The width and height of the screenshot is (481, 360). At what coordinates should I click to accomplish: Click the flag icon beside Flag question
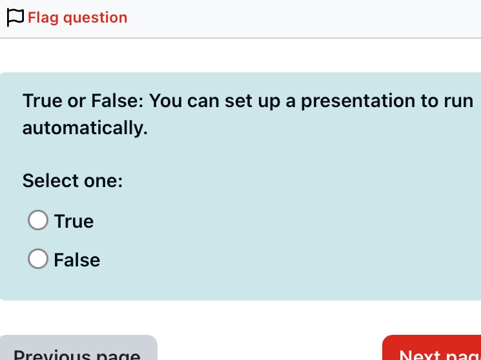[15, 17]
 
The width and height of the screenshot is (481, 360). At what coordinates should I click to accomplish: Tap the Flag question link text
[77, 17]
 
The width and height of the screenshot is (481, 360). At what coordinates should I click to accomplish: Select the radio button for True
[38, 221]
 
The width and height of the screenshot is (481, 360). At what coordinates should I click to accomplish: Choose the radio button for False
[38, 259]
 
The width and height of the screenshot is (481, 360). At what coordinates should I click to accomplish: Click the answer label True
[74, 221]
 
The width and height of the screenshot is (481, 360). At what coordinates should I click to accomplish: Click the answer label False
[77, 260]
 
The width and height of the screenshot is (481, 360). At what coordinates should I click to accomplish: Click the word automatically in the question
[85, 128]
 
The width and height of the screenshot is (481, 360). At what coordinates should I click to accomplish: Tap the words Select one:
[72, 181]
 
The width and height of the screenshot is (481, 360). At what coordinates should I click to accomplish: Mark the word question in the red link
[96, 17]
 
